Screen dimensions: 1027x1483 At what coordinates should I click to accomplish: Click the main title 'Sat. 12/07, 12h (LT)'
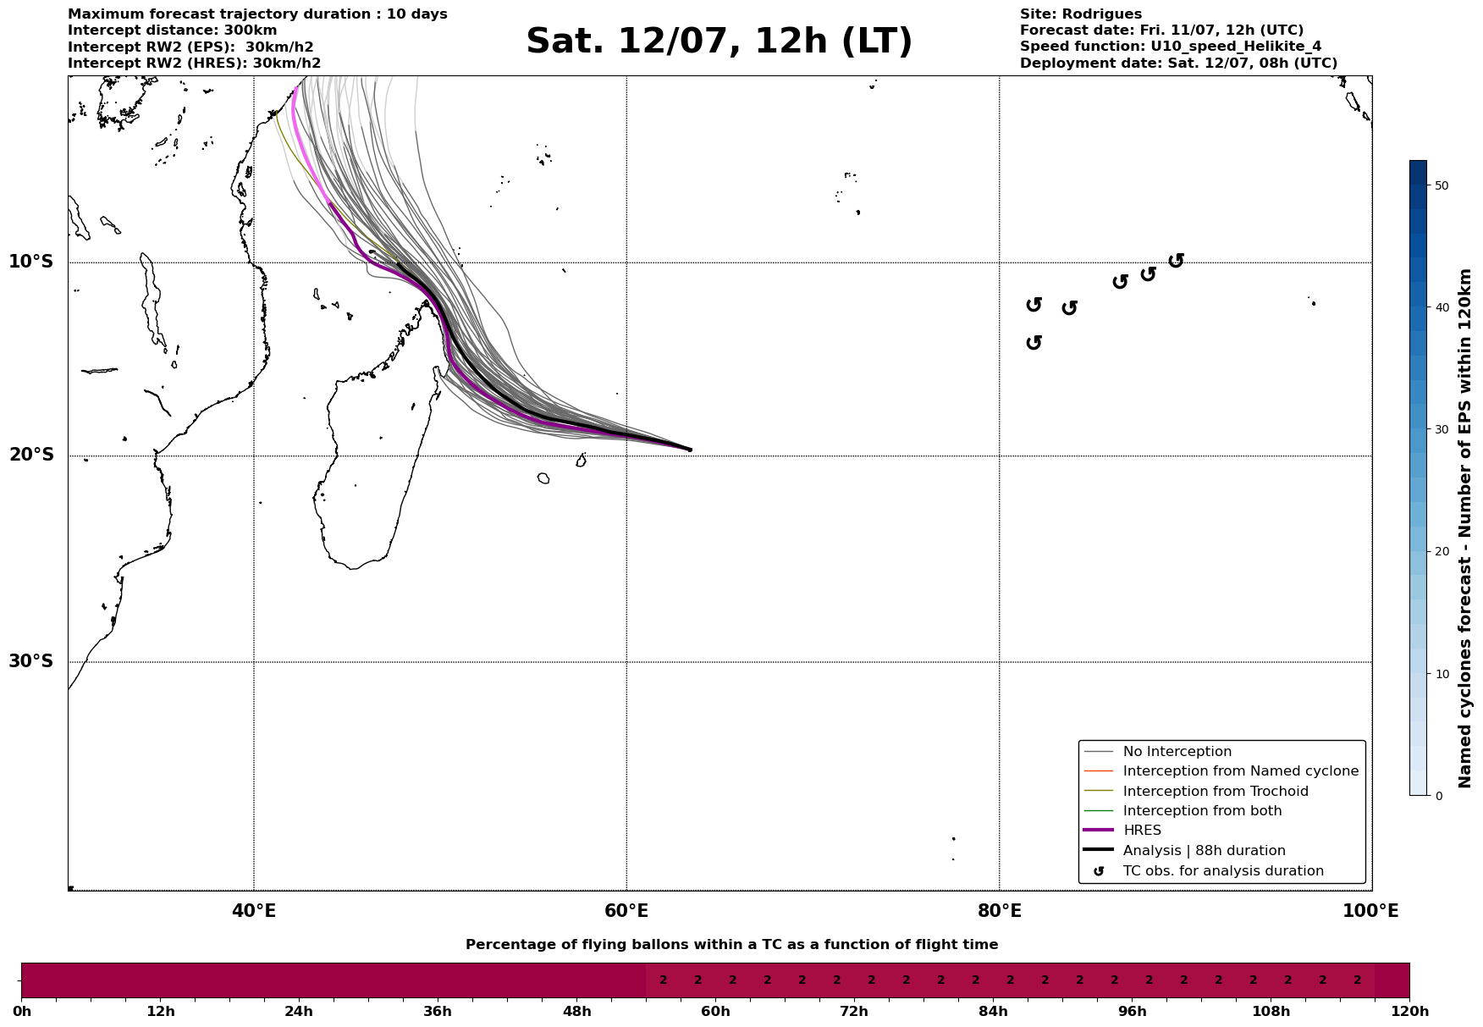pyautogui.click(x=719, y=41)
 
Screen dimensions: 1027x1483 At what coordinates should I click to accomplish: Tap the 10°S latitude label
pyautogui.click(x=30, y=262)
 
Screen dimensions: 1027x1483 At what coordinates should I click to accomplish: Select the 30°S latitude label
pyautogui.click(x=30, y=661)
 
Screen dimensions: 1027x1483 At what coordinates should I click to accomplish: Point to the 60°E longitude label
pyautogui.click(x=626, y=912)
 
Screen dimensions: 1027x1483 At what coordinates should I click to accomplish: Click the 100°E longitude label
pyautogui.click(x=1370, y=912)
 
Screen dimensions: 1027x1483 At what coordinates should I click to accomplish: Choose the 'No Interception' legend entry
pyautogui.click(x=1177, y=752)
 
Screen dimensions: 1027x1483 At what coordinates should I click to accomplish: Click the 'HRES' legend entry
pyautogui.click(x=1142, y=831)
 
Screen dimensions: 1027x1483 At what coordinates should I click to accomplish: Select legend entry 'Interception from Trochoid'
pyautogui.click(x=1215, y=792)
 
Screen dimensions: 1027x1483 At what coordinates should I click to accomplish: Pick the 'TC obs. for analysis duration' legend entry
pyautogui.click(x=1222, y=871)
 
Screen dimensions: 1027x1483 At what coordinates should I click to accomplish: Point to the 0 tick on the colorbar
pyautogui.click(x=1438, y=796)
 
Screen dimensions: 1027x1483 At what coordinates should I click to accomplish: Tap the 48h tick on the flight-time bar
pyautogui.click(x=576, y=1011)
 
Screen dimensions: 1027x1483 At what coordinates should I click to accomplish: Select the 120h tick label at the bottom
pyautogui.click(x=1409, y=1011)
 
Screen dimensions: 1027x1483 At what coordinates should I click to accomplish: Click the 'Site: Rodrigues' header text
pyautogui.click(x=1080, y=14)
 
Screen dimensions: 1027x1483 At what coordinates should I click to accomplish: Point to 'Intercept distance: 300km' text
pyautogui.click(x=172, y=30)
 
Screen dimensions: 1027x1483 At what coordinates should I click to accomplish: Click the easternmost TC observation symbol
pyautogui.click(x=1176, y=261)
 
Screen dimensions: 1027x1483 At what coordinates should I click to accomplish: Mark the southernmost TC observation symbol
pyautogui.click(x=1034, y=343)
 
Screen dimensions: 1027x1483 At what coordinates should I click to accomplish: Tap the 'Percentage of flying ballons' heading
pyautogui.click(x=731, y=945)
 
